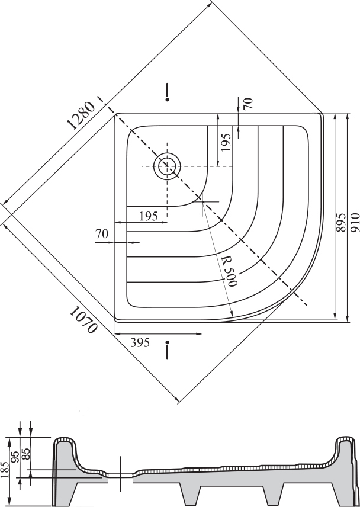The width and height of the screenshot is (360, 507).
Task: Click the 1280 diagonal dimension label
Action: point(81,115)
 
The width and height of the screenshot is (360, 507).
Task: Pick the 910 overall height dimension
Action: point(355,222)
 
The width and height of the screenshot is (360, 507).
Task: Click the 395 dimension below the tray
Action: point(140,342)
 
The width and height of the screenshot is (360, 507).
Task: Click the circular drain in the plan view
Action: point(167,166)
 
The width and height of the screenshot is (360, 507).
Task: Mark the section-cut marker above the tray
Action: point(167,92)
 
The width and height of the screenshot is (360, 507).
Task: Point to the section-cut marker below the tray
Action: point(167,349)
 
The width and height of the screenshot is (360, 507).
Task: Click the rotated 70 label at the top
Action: point(248,104)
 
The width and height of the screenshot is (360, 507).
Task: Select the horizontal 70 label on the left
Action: point(102,234)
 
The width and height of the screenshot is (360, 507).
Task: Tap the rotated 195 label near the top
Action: point(226,143)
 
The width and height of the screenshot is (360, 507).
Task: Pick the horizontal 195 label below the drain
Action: point(149,216)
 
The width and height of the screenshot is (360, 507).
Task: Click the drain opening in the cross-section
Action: point(120,474)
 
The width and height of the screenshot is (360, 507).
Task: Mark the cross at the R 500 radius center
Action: point(202,201)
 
